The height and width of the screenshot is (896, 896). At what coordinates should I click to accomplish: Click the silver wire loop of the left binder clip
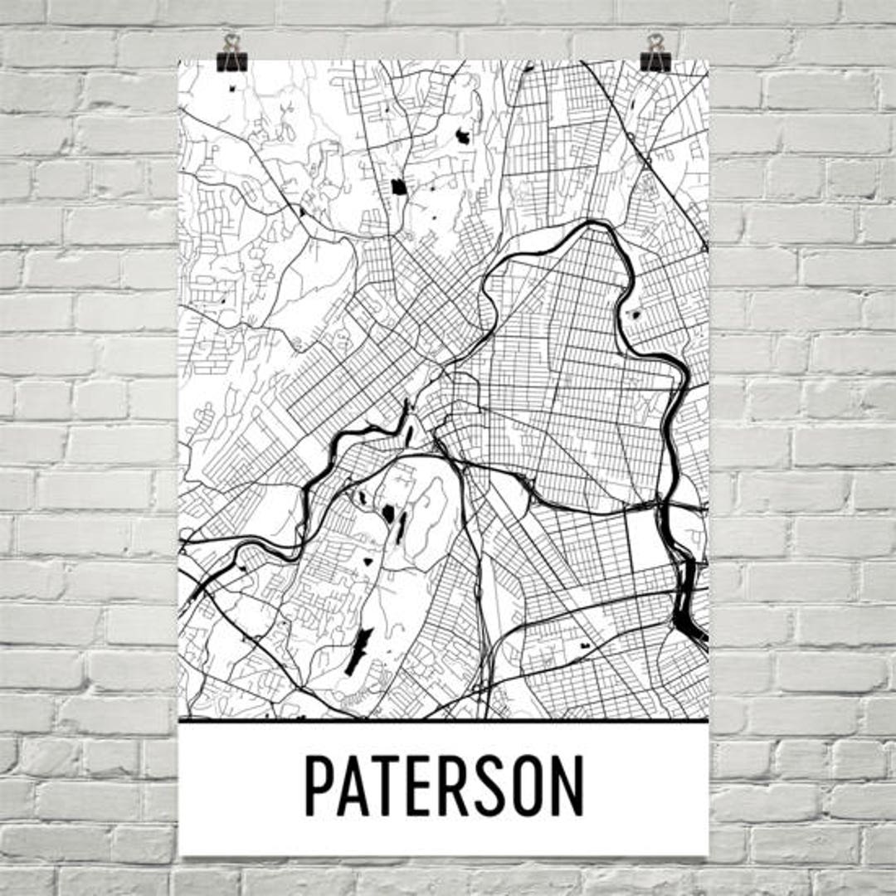(x=231, y=41)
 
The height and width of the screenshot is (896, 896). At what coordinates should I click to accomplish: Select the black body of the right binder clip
(x=655, y=62)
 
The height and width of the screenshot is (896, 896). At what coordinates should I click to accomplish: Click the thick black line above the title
(x=444, y=720)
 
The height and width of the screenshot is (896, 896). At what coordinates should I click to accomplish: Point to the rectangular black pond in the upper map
(x=399, y=187)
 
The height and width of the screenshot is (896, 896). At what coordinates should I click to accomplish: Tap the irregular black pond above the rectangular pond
(x=462, y=135)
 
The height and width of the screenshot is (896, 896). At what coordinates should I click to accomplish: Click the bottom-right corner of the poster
(x=708, y=854)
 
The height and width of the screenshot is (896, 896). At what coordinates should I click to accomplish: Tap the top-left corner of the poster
(x=180, y=61)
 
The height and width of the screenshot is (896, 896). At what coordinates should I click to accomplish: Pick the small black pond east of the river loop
(x=636, y=314)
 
